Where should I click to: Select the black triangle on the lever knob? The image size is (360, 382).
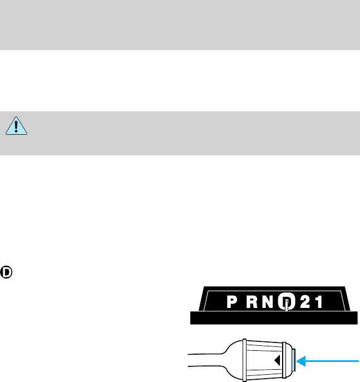pos(277,361)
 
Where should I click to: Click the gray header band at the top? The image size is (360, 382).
pos(180,25)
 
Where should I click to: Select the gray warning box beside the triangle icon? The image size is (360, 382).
pos(189,133)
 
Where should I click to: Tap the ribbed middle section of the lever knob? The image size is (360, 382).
pos(262,360)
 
